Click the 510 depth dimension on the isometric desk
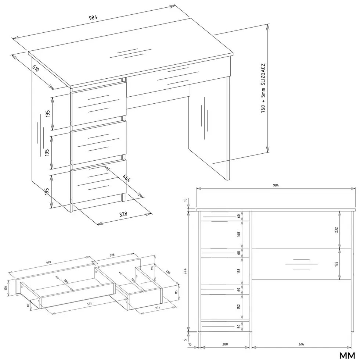click(x=36, y=68)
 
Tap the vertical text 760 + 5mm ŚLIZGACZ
click(x=263, y=89)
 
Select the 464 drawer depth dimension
click(x=126, y=178)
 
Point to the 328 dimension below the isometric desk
click(x=123, y=214)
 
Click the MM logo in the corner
click(x=347, y=356)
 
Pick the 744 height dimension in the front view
click(x=185, y=271)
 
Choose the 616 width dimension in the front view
click(x=301, y=344)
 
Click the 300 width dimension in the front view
click(x=225, y=344)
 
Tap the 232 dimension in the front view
click(x=336, y=230)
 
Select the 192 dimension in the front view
click(x=336, y=264)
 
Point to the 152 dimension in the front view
click(x=239, y=306)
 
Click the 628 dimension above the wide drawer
click(x=48, y=262)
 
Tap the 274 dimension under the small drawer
click(x=158, y=307)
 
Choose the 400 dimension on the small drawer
click(x=168, y=272)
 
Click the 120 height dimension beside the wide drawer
click(x=6, y=288)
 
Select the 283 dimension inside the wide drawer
click(x=66, y=282)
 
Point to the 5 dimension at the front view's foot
click(x=185, y=340)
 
